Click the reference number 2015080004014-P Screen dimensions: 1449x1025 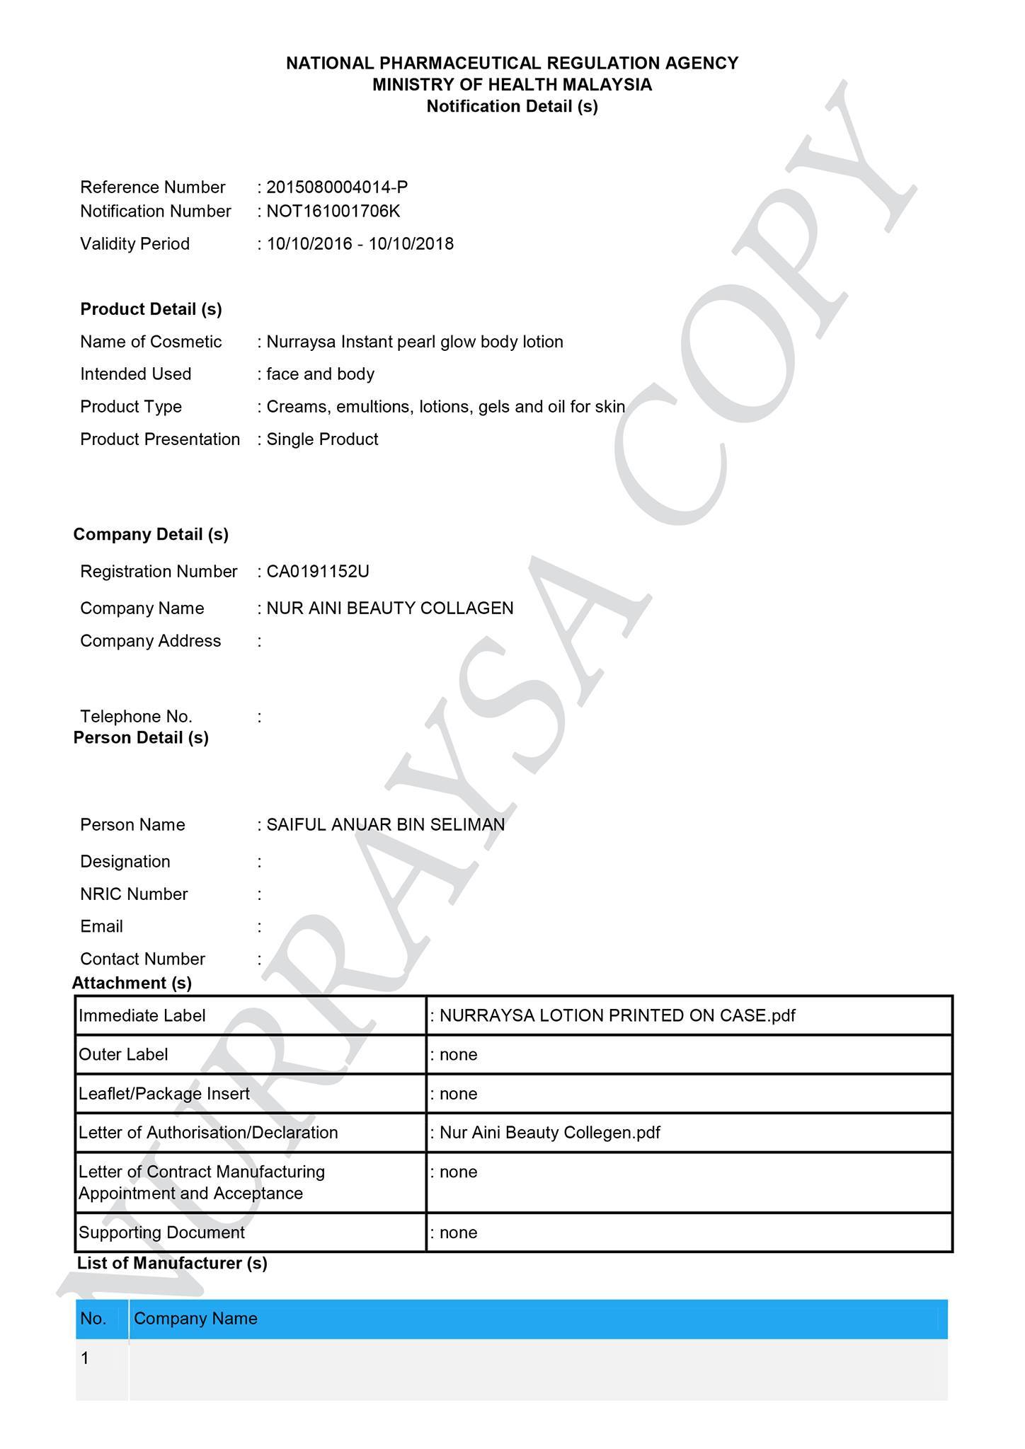pyautogui.click(x=337, y=187)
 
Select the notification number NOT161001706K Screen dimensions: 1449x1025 pyautogui.click(x=333, y=212)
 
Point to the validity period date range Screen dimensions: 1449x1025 pyautogui.click(x=360, y=244)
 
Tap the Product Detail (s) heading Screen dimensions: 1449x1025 pyautogui.click(x=151, y=309)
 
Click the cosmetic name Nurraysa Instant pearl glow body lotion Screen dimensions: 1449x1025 pyautogui.click(x=415, y=342)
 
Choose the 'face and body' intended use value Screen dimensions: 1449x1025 pyautogui.click(x=320, y=374)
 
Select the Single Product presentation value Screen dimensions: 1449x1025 pyautogui.click(x=322, y=439)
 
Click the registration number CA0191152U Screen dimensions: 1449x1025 pyautogui.click(x=318, y=572)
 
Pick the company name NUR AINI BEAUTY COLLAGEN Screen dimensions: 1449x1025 pyautogui.click(x=390, y=608)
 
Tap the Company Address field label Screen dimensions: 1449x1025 pyautogui.click(x=151, y=641)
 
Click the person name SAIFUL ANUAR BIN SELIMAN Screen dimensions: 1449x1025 pyautogui.click(x=386, y=825)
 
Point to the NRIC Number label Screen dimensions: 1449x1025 pyautogui.click(x=134, y=894)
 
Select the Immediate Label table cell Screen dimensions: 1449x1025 pyautogui.click(x=142, y=1016)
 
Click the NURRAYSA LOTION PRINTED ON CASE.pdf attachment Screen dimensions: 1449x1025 pyautogui.click(x=617, y=1016)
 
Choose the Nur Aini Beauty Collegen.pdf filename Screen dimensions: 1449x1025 pyautogui.click(x=550, y=1133)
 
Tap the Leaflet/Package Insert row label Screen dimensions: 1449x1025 pyautogui.click(x=164, y=1094)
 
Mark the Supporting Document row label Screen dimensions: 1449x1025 pyautogui.click(x=161, y=1232)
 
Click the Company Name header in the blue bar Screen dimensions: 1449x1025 pyautogui.click(x=195, y=1319)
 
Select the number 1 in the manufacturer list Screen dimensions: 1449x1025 pyautogui.click(x=86, y=1358)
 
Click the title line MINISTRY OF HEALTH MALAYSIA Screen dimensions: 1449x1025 pyautogui.click(x=512, y=85)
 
